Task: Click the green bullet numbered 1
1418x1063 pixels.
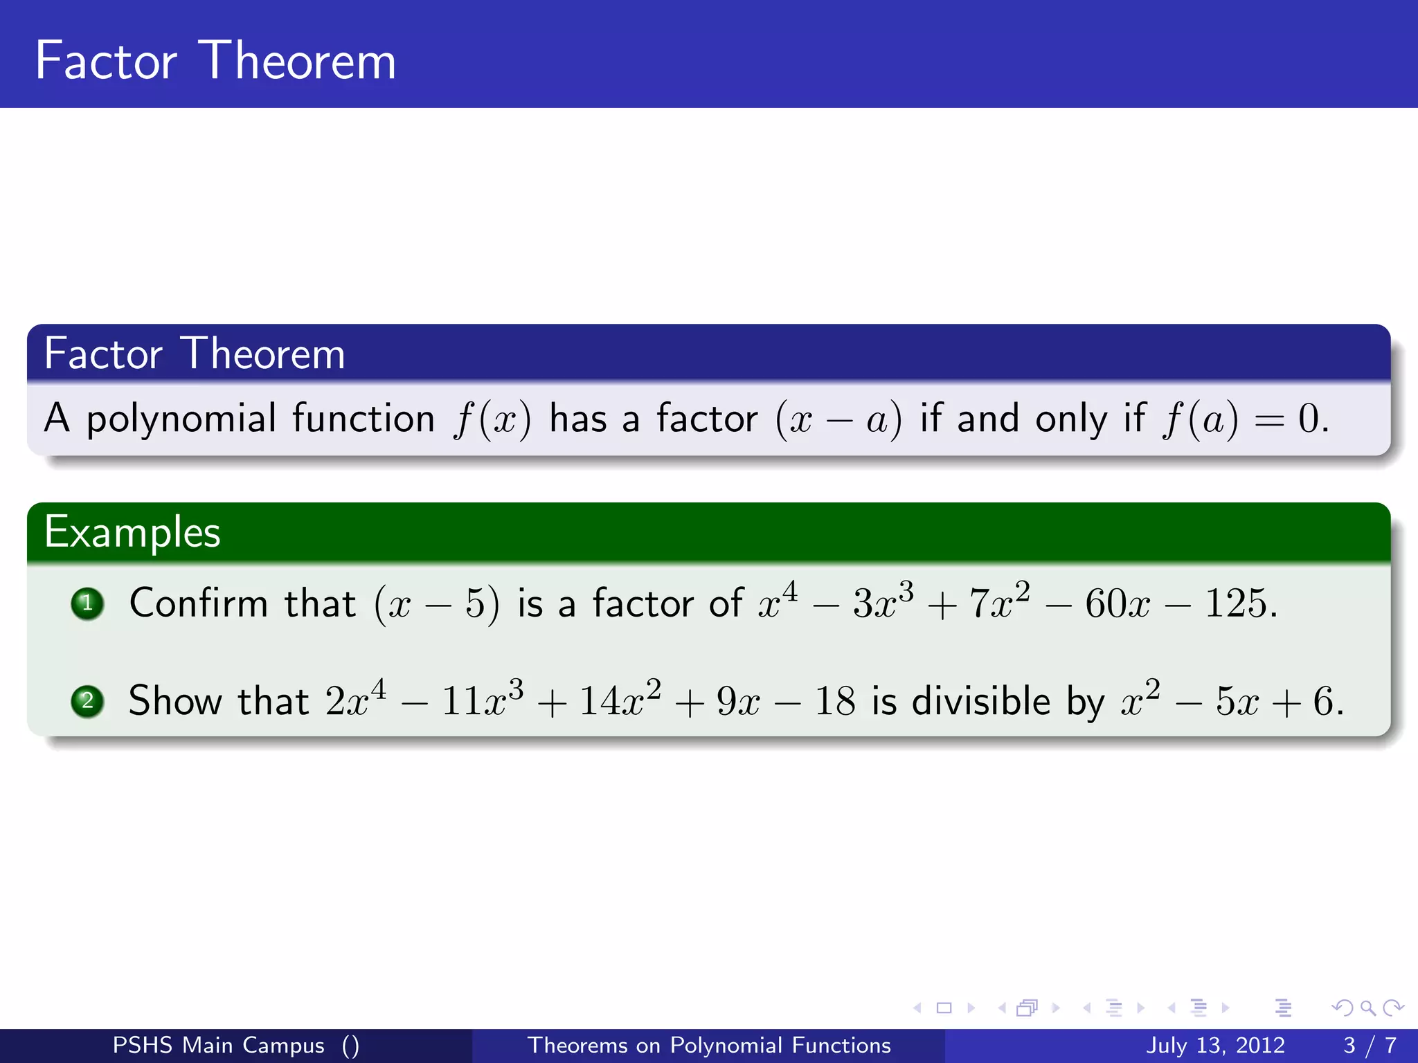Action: [x=87, y=603]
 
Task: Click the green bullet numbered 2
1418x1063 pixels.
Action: [x=87, y=701]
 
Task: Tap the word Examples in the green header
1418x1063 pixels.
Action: [x=132, y=533]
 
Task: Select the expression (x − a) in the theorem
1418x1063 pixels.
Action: [x=838, y=419]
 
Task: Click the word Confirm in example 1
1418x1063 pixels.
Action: [x=198, y=603]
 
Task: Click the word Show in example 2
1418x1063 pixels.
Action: [x=175, y=700]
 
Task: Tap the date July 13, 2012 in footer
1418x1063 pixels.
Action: [x=1215, y=1045]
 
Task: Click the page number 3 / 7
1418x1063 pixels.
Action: [x=1370, y=1045]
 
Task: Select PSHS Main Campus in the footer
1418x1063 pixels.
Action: [x=218, y=1045]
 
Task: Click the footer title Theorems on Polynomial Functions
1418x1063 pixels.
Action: [x=709, y=1045]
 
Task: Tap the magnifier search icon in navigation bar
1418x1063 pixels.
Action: [x=1367, y=1008]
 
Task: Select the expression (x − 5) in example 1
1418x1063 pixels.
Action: [x=436, y=603]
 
